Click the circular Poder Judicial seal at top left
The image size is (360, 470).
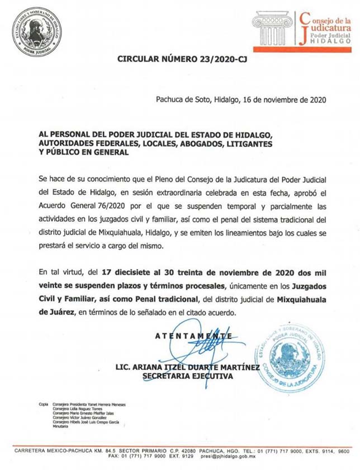click(x=35, y=32)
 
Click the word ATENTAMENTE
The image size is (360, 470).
click(x=194, y=336)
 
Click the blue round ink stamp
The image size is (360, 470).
click(x=291, y=359)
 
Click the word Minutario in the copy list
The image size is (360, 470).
click(x=60, y=427)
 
